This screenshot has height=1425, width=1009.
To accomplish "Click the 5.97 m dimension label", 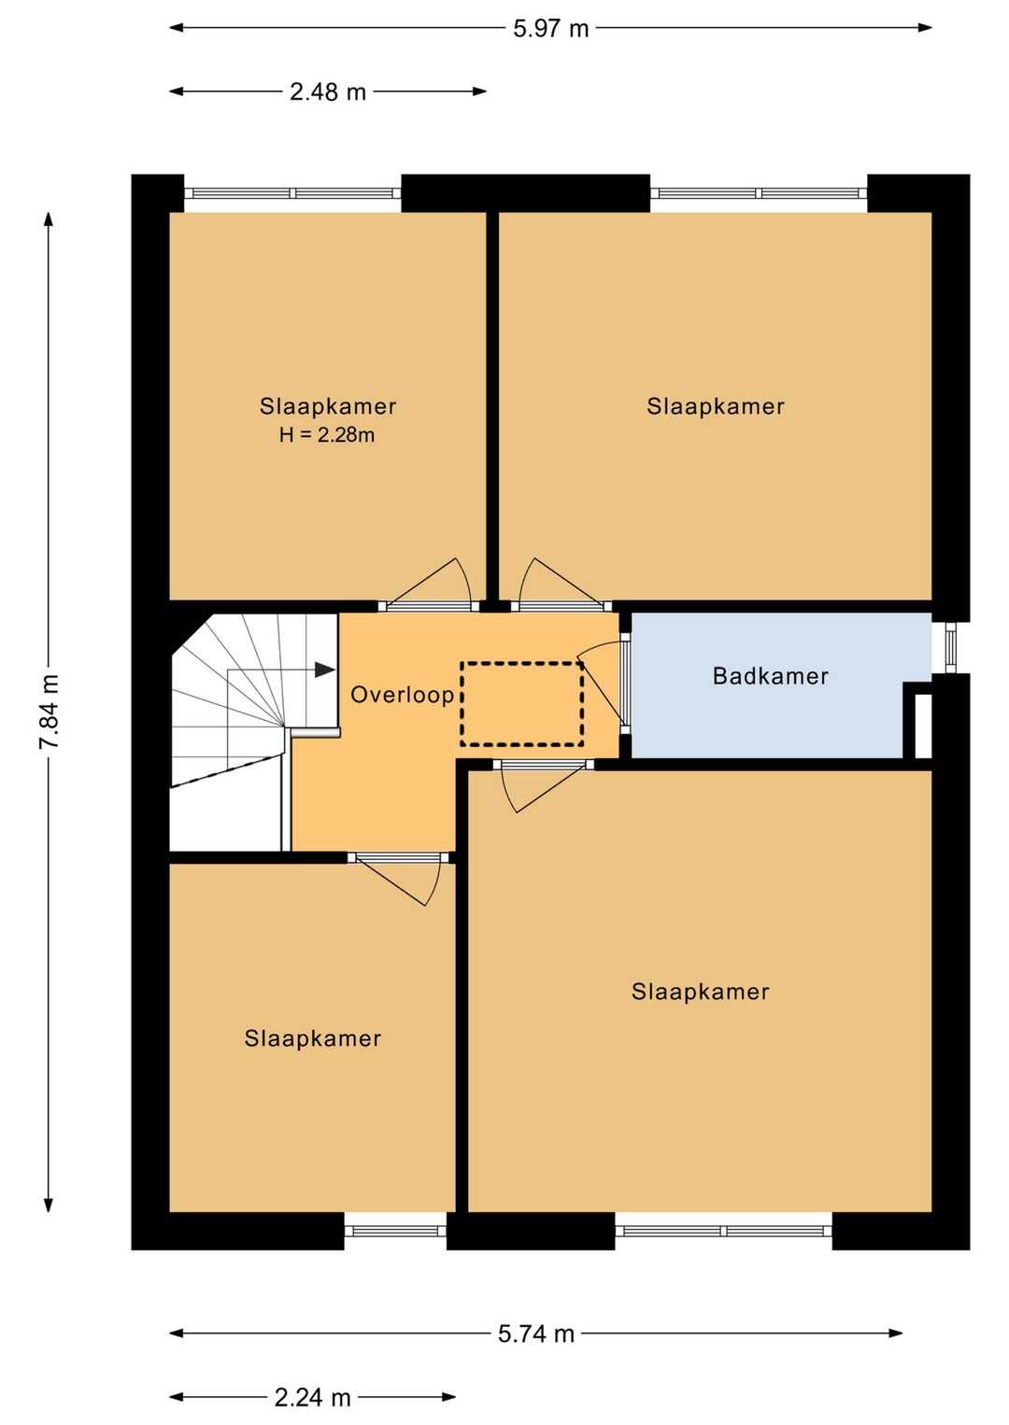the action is click(x=550, y=29).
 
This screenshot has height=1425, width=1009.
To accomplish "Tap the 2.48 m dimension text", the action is click(x=328, y=92).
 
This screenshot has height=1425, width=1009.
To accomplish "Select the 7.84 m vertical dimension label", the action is click(x=49, y=712).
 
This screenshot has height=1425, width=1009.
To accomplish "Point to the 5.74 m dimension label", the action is click(x=536, y=1333).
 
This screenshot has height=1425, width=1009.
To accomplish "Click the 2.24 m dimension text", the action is click(x=313, y=1398).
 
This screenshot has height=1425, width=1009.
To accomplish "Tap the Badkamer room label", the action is click(x=770, y=675).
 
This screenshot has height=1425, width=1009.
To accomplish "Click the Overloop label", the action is click(x=403, y=694).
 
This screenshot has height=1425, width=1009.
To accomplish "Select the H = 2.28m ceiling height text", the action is click(x=327, y=435).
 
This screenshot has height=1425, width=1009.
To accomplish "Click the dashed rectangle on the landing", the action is click(x=522, y=703).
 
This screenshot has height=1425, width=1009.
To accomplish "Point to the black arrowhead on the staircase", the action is click(x=325, y=670).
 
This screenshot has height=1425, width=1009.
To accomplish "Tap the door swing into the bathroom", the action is click(x=602, y=684).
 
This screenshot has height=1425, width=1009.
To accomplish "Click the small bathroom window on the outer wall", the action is click(x=950, y=647).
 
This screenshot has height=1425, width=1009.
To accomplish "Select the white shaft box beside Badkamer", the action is click(x=922, y=726).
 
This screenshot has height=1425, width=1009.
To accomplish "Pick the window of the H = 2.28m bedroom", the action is click(x=292, y=193).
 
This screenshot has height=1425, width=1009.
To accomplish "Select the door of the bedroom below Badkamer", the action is click(x=543, y=786).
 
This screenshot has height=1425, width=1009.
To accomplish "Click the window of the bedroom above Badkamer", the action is click(x=759, y=193).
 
